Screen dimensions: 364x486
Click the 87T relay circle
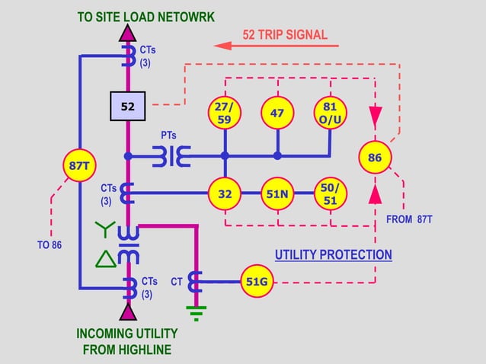click(x=78, y=165)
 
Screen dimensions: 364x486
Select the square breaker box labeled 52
click(x=128, y=107)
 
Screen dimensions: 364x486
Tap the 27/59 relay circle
click(x=225, y=113)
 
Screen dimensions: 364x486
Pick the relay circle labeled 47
click(x=277, y=113)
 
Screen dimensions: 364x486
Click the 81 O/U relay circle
click(x=330, y=113)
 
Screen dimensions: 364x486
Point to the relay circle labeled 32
click(x=225, y=193)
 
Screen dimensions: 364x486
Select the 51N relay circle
click(x=277, y=193)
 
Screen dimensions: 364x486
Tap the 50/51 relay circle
click(x=330, y=193)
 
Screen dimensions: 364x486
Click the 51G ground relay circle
click(x=257, y=281)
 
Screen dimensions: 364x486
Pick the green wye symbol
click(x=104, y=228)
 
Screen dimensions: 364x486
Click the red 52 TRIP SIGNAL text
click(x=284, y=34)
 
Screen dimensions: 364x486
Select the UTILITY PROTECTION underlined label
click(x=333, y=255)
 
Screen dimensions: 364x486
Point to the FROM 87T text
click(x=410, y=220)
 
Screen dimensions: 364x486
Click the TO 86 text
click(x=50, y=245)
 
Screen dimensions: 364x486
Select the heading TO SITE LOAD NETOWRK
click(x=144, y=16)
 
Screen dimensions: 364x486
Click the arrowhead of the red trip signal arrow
click(x=222, y=46)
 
